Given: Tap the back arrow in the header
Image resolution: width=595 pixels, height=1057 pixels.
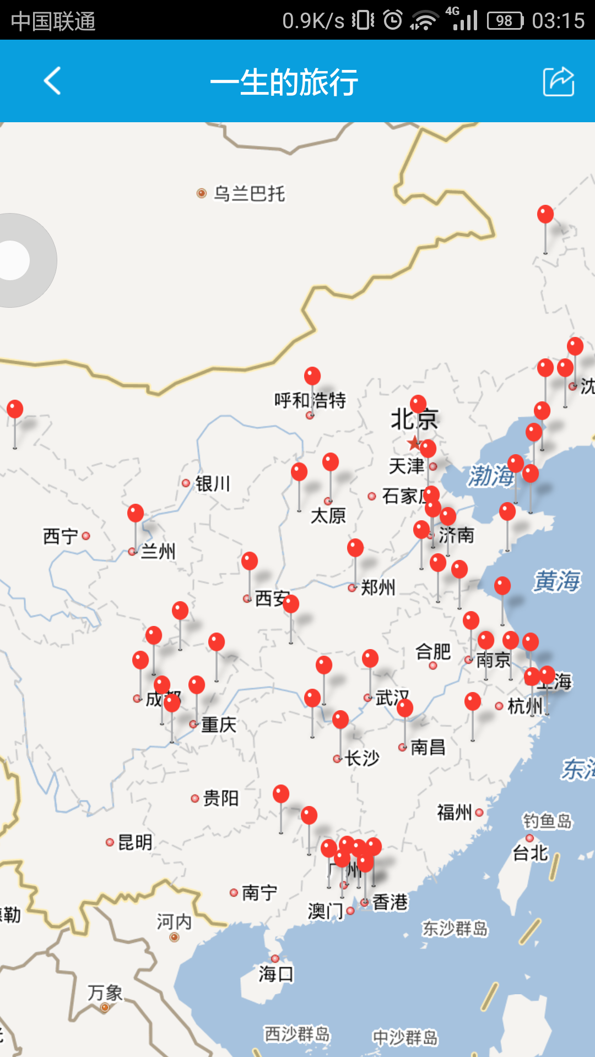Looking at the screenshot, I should (x=52, y=81).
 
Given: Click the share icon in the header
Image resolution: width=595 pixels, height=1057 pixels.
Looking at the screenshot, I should (x=559, y=81).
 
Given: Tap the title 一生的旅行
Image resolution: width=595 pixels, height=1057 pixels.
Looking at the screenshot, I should (x=284, y=83).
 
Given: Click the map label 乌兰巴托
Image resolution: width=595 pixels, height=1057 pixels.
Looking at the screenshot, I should (x=249, y=194).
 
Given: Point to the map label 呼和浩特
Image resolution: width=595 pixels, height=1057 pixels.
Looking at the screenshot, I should (x=310, y=400).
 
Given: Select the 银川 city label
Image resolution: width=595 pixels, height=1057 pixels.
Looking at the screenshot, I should (x=212, y=484).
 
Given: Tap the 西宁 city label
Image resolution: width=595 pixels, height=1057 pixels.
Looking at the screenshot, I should (x=61, y=536).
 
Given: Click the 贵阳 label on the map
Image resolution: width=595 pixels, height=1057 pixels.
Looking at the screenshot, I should (x=220, y=798).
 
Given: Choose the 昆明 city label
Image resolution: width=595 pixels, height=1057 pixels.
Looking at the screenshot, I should (x=135, y=842).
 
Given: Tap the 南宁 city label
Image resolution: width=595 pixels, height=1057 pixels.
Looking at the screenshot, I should (x=259, y=892).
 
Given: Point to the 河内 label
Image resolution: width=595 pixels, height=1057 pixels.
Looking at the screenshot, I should (x=174, y=922).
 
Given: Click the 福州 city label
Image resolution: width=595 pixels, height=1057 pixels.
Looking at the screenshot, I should (x=455, y=812).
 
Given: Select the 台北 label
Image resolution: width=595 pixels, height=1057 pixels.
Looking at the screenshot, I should (x=531, y=853).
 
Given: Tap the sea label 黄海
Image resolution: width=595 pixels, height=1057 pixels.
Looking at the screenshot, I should (x=556, y=581).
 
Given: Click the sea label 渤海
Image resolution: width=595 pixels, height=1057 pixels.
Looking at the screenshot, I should (x=490, y=476).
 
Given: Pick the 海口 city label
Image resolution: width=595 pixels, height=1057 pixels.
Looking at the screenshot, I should (x=276, y=974).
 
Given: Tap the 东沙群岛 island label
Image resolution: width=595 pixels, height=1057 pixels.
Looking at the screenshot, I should (x=455, y=929).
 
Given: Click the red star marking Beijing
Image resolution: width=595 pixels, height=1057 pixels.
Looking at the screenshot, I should (x=414, y=443).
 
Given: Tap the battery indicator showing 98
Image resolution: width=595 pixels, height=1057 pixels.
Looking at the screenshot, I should (x=505, y=21).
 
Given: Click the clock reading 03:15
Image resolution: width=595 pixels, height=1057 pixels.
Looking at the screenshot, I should (x=558, y=21).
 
